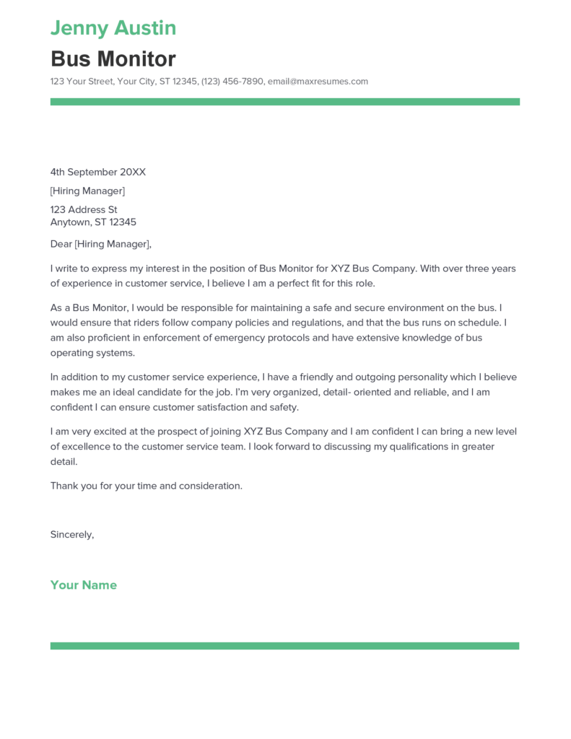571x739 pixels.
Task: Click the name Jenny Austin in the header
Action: pyautogui.click(x=113, y=28)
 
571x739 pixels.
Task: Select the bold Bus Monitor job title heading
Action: pyautogui.click(x=113, y=58)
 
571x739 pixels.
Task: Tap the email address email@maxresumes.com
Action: pyautogui.click(x=318, y=82)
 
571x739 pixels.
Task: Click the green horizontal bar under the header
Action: pyautogui.click(x=284, y=102)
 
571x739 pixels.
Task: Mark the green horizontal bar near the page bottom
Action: pyautogui.click(x=284, y=645)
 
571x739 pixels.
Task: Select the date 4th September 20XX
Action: pyautogui.click(x=97, y=172)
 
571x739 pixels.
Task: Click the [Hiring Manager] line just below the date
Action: pyautogui.click(x=87, y=191)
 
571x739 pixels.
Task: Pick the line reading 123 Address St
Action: pyautogui.click(x=84, y=210)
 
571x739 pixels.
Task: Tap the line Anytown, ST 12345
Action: pyautogui.click(x=93, y=222)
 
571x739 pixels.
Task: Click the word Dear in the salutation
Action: pyautogui.click(x=61, y=244)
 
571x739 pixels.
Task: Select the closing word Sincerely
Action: pyautogui.click(x=71, y=535)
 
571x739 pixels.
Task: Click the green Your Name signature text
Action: pyautogui.click(x=83, y=585)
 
